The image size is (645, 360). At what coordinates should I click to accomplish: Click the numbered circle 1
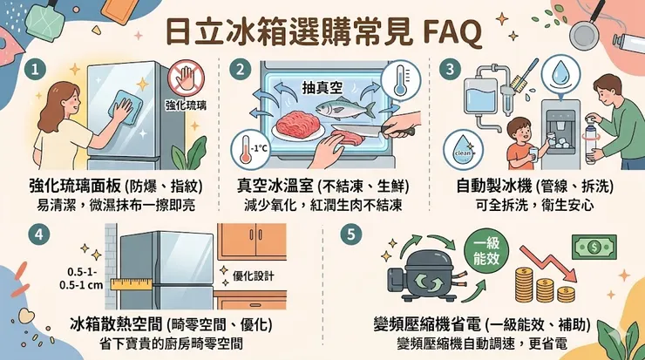click(34, 68)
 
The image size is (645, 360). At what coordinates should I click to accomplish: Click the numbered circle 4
click(36, 233)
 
